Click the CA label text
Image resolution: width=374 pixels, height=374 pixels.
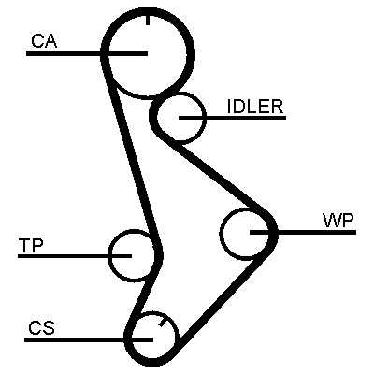point(44,41)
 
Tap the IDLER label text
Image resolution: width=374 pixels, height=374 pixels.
point(255,107)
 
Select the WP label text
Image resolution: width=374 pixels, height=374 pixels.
point(338,221)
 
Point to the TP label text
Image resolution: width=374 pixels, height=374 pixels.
point(31,246)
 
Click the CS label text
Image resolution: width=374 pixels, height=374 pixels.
point(41,328)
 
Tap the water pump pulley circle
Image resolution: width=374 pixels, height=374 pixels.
point(221,233)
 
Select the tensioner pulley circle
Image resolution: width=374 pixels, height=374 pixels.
point(109,255)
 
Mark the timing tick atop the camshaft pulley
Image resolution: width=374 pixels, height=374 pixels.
point(148,20)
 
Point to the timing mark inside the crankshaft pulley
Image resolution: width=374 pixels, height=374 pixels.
point(162,323)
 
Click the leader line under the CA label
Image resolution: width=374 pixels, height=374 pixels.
point(87,53)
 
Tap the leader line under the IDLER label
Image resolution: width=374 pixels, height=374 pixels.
point(232,118)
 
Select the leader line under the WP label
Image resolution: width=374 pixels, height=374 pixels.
point(303,232)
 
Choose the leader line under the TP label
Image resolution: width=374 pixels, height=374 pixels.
point(75,256)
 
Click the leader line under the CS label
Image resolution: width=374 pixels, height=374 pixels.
point(89,339)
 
